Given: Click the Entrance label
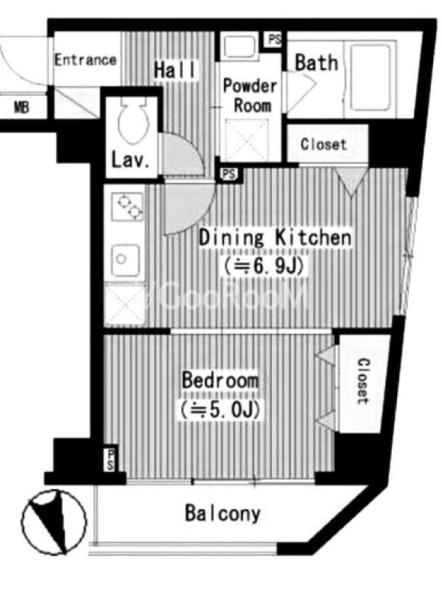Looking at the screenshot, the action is tap(85, 60).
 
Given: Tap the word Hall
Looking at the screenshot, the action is tap(175, 69).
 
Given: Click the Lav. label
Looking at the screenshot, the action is tap(130, 160).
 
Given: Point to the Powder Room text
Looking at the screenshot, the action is tap(250, 96).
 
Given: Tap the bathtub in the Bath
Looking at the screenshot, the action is tap(371, 77).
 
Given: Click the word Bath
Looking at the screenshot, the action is tap(316, 63).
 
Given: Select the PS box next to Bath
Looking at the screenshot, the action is tap(274, 39).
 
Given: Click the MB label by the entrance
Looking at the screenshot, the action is tap(21, 108).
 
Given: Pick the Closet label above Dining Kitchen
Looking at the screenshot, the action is tap(323, 144).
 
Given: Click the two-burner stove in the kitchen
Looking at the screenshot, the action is tap(127, 207).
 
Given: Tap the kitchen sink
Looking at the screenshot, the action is tap(125, 260).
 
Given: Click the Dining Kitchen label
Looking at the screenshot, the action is tap(276, 238).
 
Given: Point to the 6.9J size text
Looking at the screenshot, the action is tap(264, 266).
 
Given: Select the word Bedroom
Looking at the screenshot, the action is tap(220, 380).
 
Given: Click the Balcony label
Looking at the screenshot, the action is tap(223, 513).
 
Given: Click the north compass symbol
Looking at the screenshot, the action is tap(54, 522).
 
